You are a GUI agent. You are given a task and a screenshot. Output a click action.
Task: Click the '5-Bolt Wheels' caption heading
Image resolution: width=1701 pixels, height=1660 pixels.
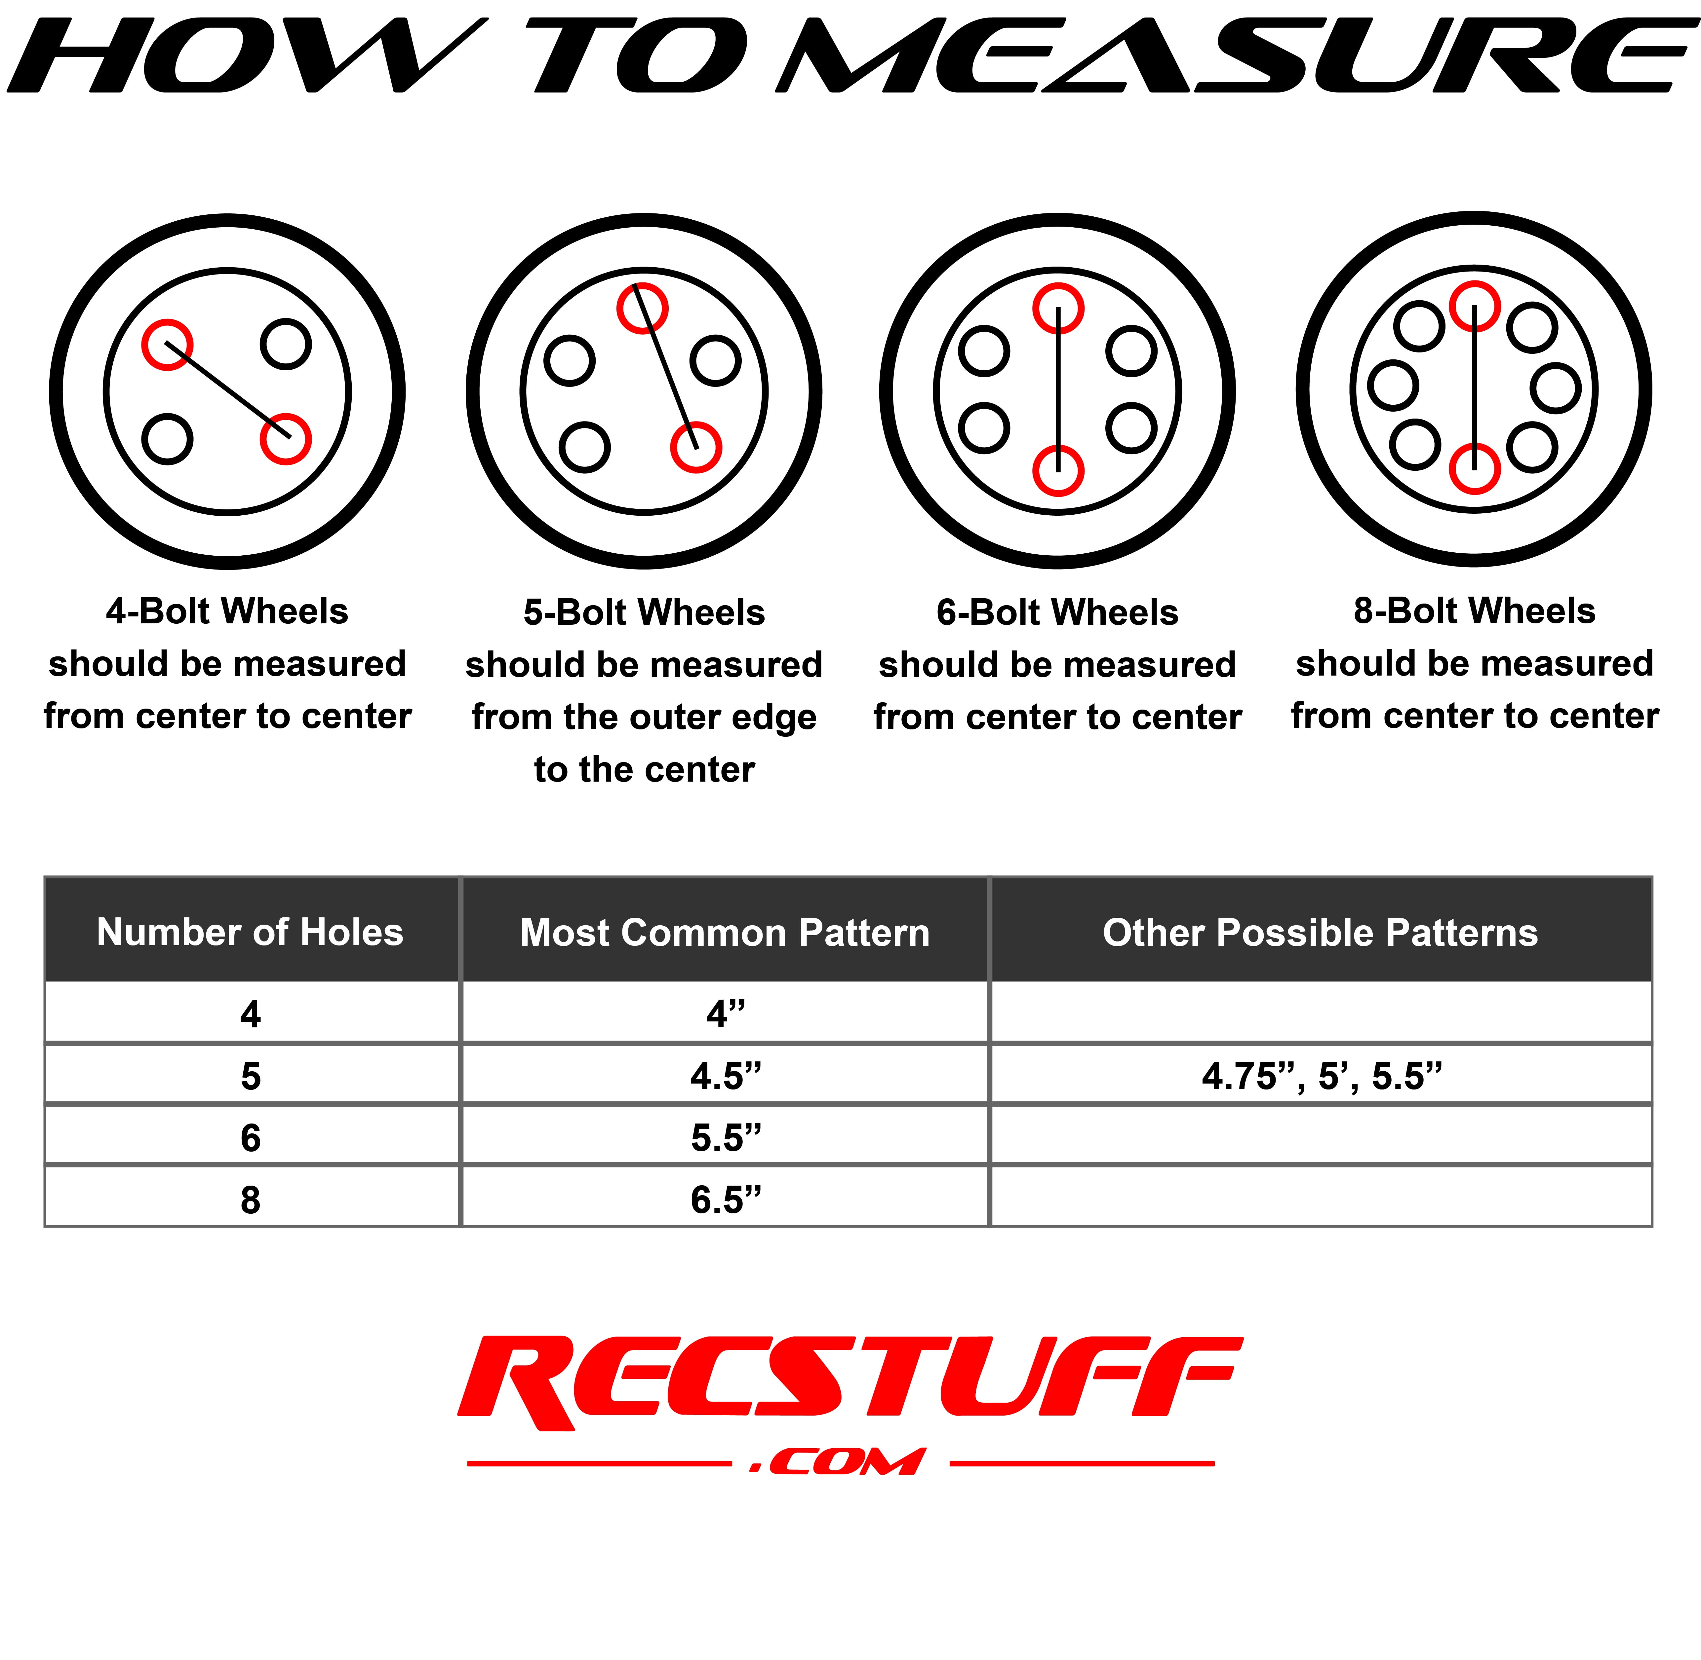tap(644, 613)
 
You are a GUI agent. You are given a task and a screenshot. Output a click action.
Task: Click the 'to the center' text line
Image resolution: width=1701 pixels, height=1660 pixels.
tap(644, 770)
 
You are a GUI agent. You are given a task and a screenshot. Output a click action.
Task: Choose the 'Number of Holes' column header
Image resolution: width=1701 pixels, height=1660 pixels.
tap(250, 932)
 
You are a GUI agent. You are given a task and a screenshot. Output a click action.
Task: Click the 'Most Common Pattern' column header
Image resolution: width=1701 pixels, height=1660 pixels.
tap(725, 933)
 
